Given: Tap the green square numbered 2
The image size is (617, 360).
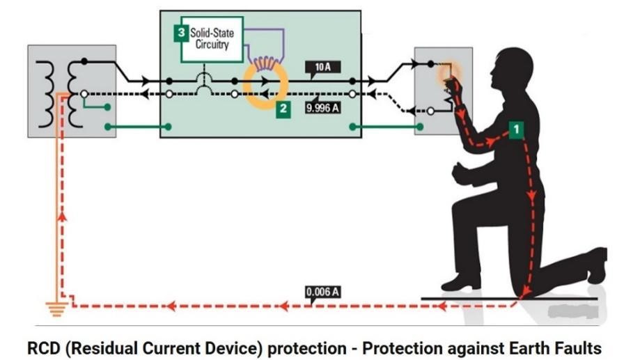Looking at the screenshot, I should coord(283,109).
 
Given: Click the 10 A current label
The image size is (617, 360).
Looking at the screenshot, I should coord(322,68).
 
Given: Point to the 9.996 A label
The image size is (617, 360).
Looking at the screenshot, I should coord(322,109).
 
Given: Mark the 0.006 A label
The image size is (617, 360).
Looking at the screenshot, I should coord(322,292).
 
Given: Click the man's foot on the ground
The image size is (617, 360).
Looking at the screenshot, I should coord(462,282).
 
